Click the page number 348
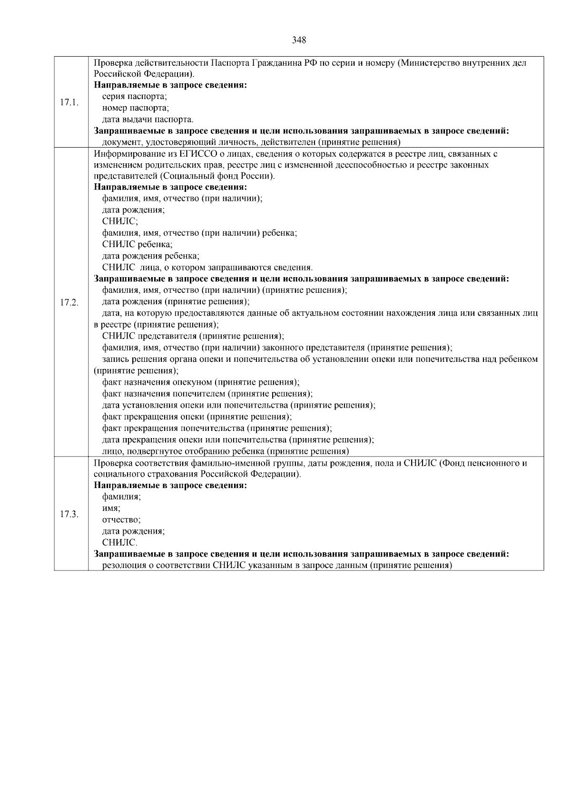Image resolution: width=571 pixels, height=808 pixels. point(299,40)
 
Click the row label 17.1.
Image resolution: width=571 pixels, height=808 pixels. point(69,102)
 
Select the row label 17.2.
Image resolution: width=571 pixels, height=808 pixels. point(69,302)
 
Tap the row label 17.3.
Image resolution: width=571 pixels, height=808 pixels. point(69,514)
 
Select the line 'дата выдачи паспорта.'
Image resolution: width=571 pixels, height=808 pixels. point(148,120)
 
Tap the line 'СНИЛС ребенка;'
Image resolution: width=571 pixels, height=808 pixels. point(138,245)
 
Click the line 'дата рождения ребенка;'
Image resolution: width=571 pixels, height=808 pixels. point(151,256)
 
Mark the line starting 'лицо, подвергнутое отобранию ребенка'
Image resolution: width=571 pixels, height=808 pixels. point(226,451)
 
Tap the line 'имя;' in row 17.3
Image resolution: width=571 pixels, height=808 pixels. point(111,509)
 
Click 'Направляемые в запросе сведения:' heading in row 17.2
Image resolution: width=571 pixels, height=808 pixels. point(170,187)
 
